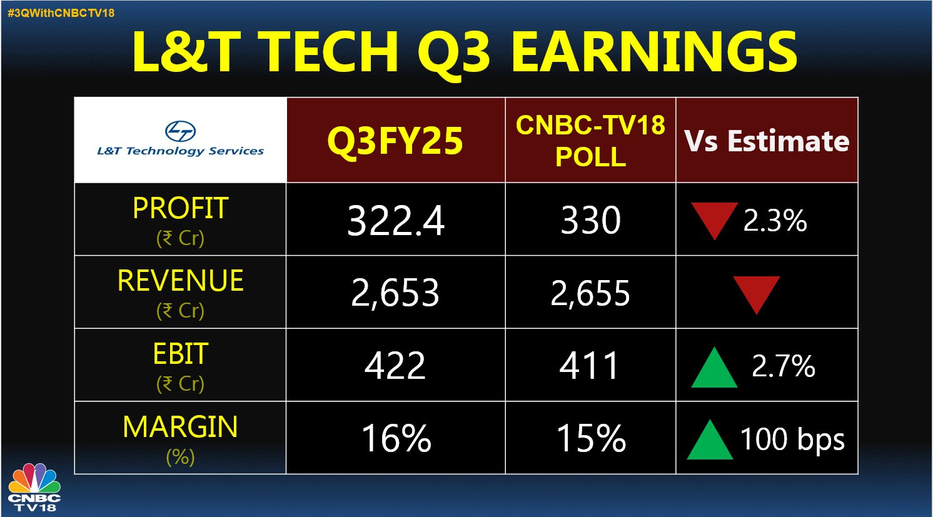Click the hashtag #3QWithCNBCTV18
[61, 13]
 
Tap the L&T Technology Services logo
[180, 138]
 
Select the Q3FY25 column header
[395, 141]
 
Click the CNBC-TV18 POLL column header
[590, 141]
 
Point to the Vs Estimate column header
[767, 141]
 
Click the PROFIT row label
[180, 208]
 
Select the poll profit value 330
[590, 220]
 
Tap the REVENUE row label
[180, 280]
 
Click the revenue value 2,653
[395, 293]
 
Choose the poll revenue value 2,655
[590, 293]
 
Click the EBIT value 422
[395, 366]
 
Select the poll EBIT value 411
[589, 366]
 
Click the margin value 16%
[396, 438]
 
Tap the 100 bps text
[792, 439]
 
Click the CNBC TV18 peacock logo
[34, 486]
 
